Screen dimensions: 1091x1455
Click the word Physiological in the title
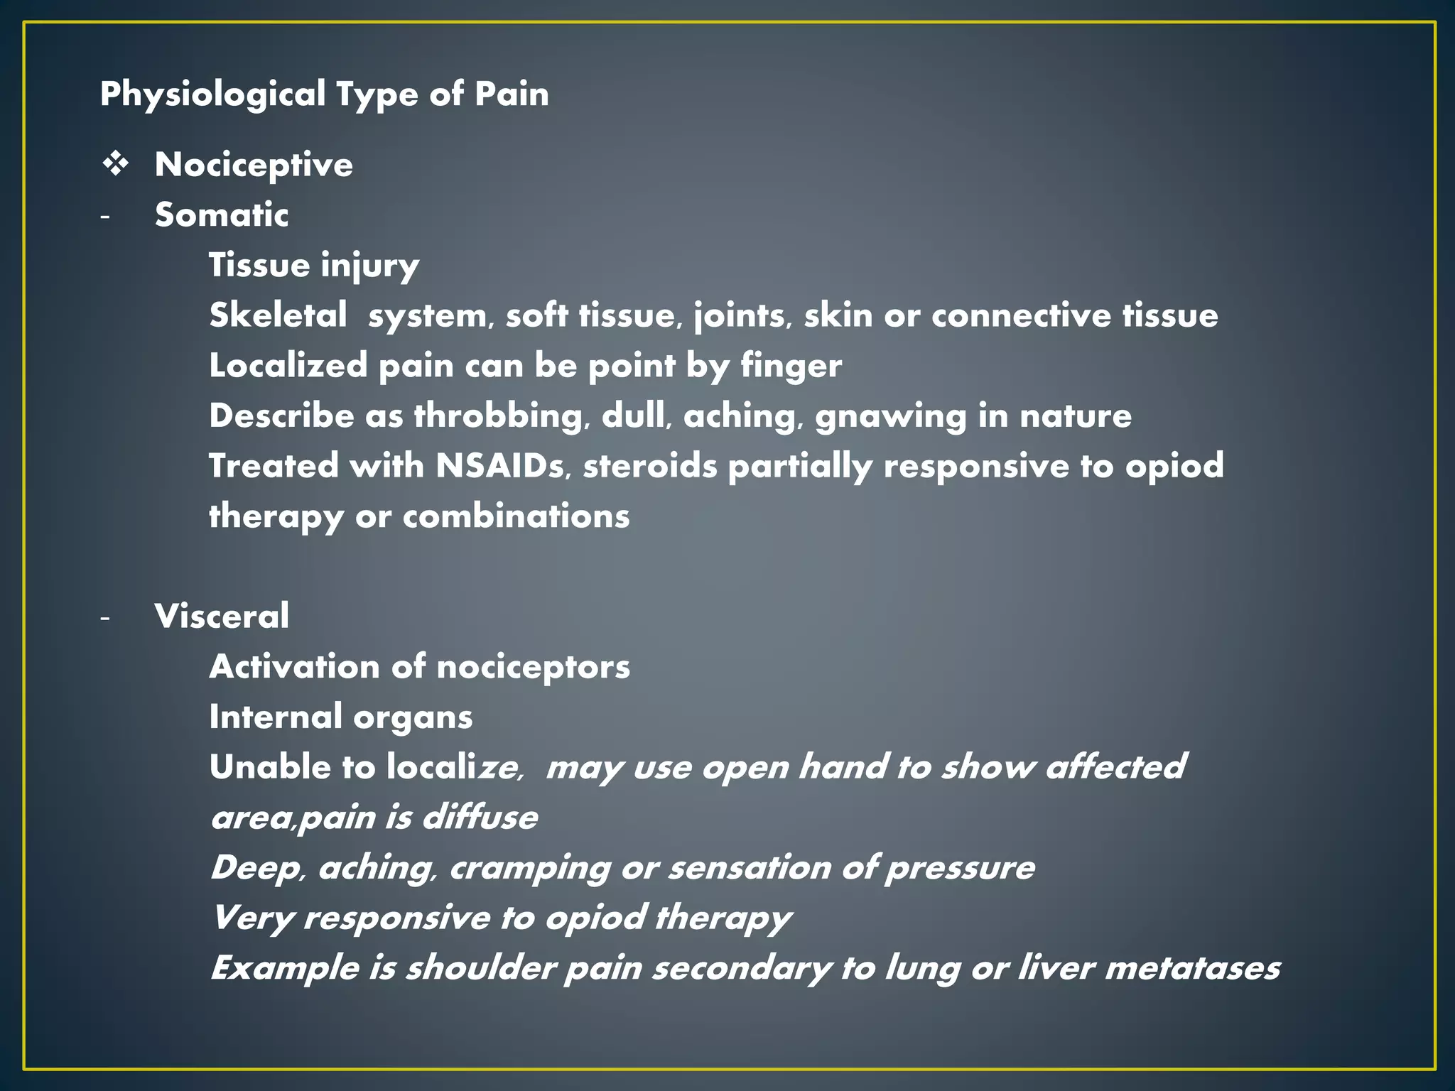coord(212,94)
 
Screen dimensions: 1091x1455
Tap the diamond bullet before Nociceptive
coord(115,165)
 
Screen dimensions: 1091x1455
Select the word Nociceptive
coord(254,165)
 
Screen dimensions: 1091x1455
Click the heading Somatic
coord(222,215)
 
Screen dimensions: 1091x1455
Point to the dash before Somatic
coord(105,216)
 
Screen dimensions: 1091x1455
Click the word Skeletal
coord(278,315)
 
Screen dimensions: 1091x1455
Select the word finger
coord(791,367)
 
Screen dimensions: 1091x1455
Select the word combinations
coord(516,516)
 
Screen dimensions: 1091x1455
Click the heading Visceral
coord(222,616)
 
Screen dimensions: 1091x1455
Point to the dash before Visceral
coord(105,618)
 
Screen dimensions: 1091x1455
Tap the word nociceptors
coord(533,667)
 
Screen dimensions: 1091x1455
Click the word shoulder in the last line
coord(480,968)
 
